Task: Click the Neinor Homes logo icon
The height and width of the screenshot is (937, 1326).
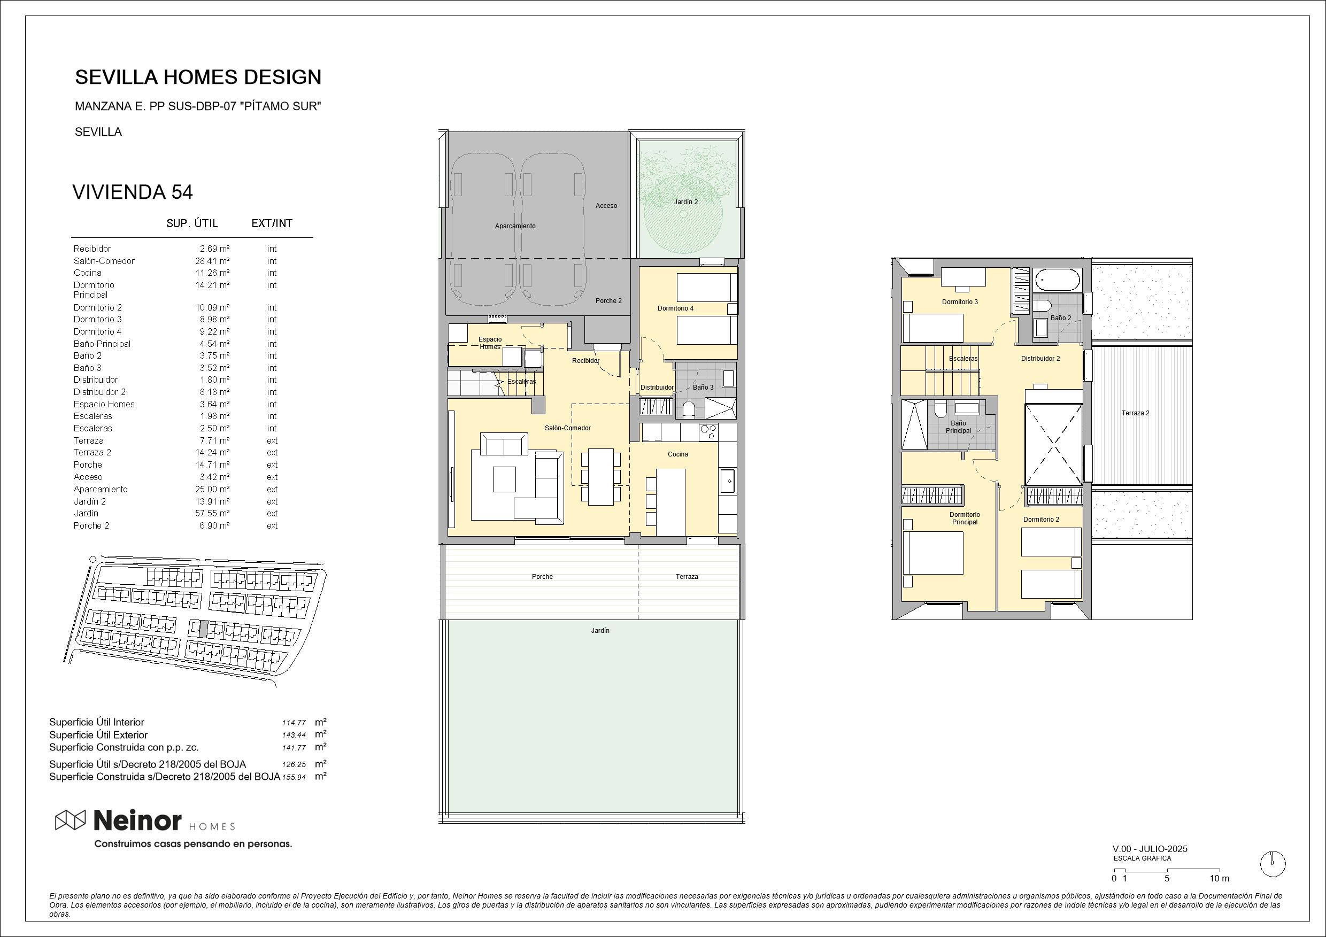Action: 70,820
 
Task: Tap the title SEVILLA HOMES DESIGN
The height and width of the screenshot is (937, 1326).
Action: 198,77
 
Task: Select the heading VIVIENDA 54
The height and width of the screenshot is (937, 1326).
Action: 132,192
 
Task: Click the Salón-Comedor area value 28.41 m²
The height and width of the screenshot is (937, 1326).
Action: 212,261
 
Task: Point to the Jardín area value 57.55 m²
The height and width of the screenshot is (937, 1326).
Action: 212,513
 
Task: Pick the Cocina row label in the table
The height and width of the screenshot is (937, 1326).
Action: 87,273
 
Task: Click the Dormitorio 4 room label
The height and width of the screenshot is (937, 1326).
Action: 676,308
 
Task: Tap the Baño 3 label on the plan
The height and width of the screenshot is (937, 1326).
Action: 704,388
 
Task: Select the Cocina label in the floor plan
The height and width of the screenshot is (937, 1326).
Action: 678,454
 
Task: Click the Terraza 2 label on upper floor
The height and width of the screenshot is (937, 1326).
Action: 1136,413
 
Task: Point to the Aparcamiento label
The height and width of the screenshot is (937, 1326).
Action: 515,226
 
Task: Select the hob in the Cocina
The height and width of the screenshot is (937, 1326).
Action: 708,431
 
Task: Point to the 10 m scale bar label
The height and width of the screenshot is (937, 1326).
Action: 1220,879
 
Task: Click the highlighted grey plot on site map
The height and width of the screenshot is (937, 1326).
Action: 203,629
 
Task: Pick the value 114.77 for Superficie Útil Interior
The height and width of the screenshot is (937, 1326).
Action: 294,723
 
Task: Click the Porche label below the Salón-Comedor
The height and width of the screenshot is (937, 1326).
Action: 542,577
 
